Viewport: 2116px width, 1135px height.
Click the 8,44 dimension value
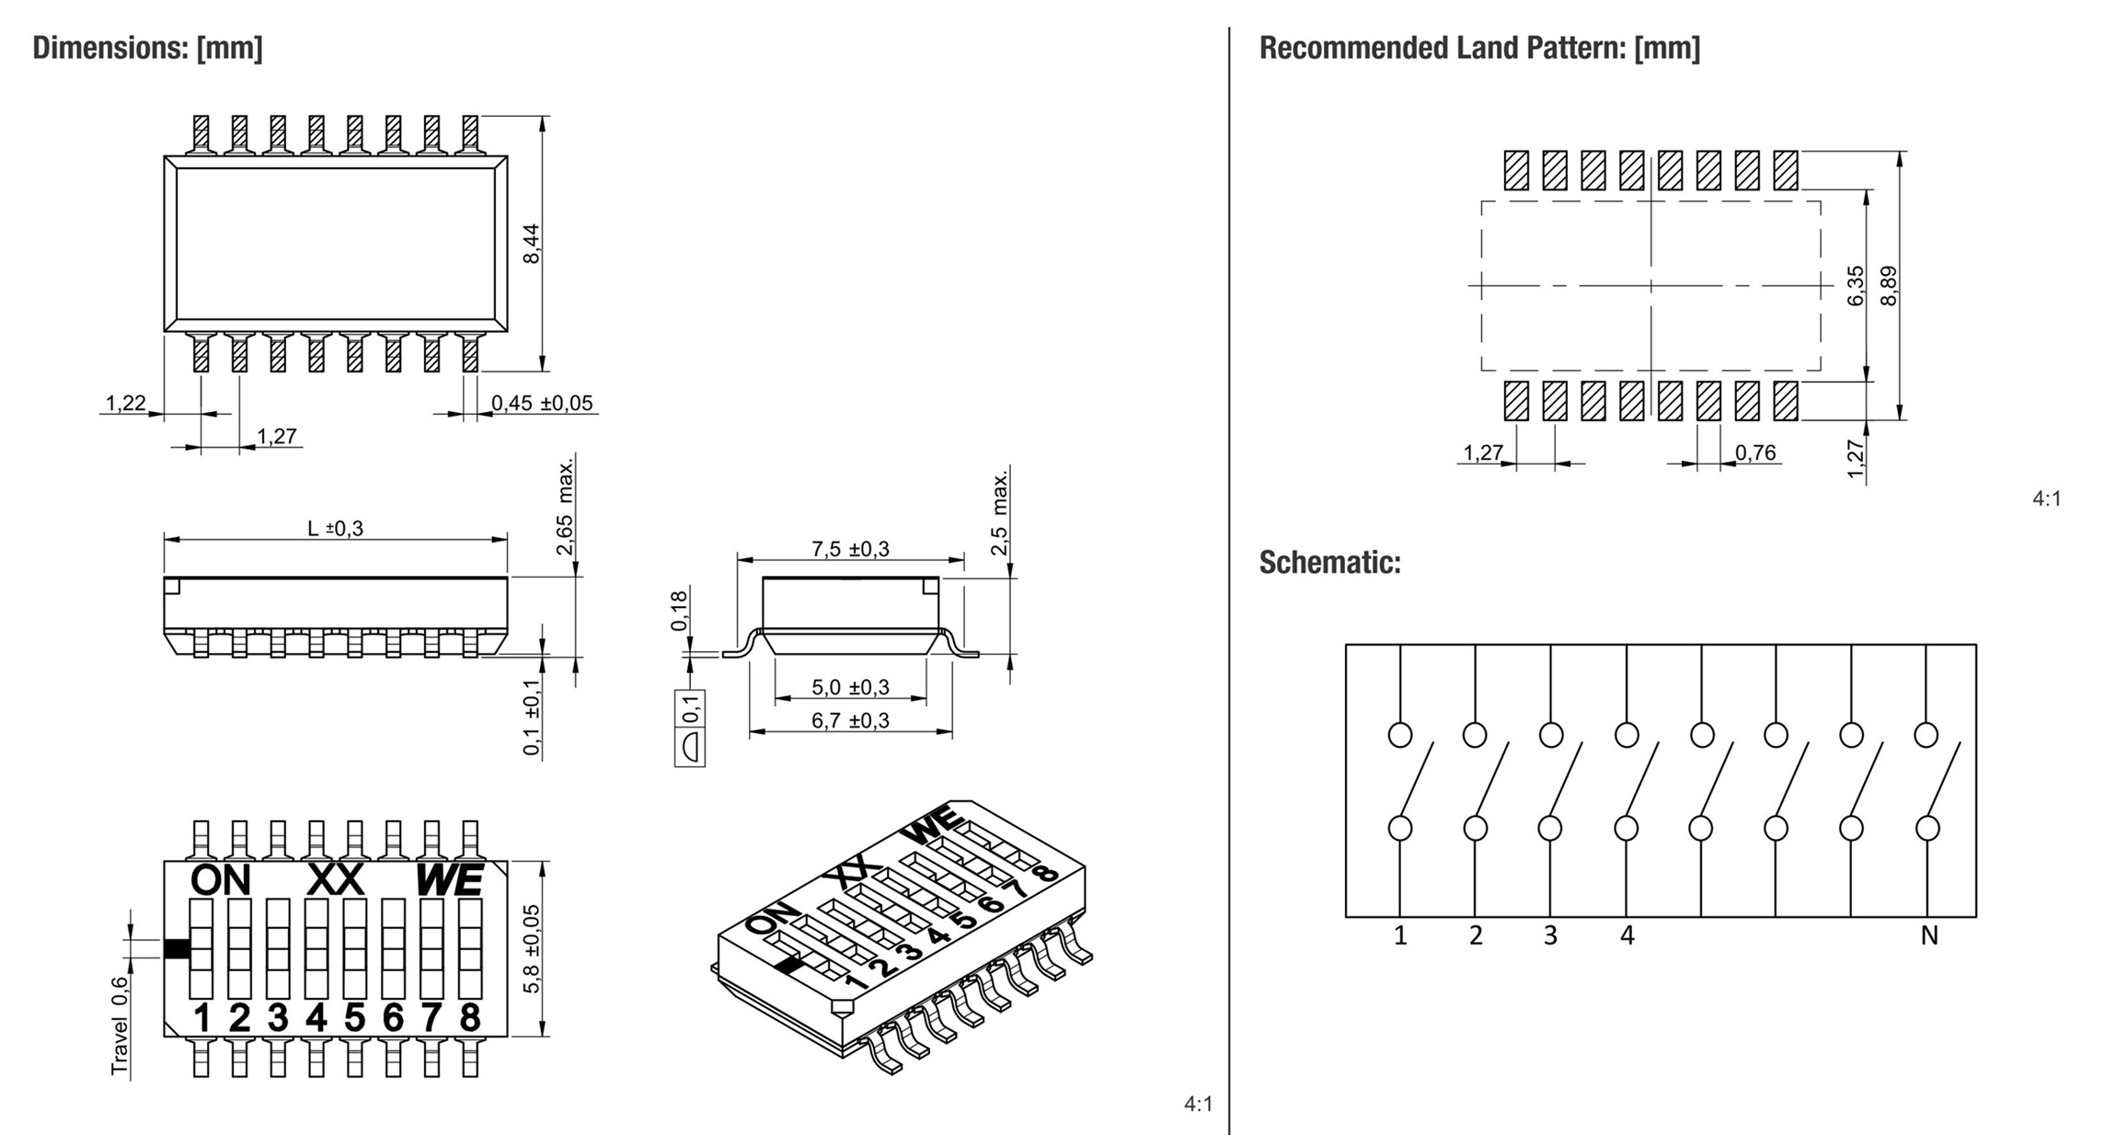532,244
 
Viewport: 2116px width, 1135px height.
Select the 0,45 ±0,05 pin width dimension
542,403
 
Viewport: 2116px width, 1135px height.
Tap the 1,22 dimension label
125,403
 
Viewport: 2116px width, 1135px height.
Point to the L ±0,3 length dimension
335,528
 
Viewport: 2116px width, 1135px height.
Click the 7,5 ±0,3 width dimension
850,549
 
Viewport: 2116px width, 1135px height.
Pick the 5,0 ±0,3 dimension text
850,687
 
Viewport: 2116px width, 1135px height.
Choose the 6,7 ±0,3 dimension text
850,720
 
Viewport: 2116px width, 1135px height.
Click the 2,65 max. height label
565,506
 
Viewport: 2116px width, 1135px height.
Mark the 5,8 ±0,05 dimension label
532,948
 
